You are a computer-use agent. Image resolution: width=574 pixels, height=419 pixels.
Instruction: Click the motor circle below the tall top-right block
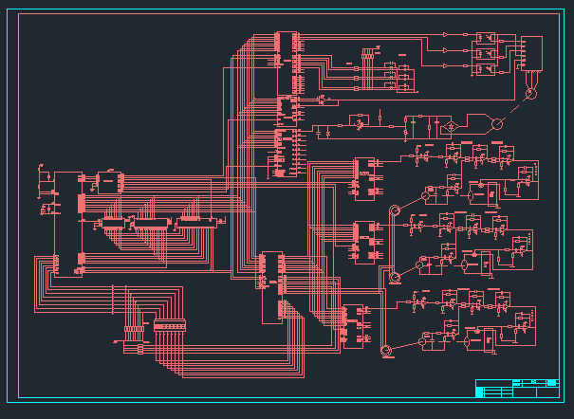(x=530, y=93)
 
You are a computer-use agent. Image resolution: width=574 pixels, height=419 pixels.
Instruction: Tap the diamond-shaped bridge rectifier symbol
(x=453, y=124)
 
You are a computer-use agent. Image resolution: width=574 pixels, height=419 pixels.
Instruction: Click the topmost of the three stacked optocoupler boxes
(x=486, y=39)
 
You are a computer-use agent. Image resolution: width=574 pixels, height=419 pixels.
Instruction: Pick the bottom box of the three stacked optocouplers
(x=486, y=69)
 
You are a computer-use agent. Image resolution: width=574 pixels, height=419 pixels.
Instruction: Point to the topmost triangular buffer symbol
(x=447, y=35)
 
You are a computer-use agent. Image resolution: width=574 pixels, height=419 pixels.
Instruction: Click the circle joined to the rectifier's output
(x=495, y=123)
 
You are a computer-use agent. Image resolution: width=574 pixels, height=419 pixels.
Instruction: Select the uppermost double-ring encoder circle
(x=395, y=210)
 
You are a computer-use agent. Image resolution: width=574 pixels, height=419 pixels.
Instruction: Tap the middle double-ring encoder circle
(x=395, y=276)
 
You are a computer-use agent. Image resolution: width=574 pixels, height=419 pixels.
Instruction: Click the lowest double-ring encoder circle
(x=386, y=352)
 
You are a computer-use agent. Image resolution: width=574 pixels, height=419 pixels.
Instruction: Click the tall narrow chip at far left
(x=56, y=224)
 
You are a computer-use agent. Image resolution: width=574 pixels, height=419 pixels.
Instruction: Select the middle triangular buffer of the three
(x=447, y=50)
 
